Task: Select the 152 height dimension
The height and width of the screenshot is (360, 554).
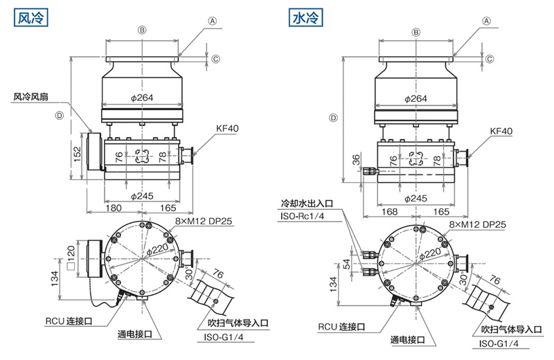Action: (x=78, y=153)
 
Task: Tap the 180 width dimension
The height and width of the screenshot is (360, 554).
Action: (x=114, y=208)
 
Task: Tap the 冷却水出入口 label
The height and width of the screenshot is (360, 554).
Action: (x=307, y=204)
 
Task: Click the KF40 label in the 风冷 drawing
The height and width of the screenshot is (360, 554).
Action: (x=226, y=129)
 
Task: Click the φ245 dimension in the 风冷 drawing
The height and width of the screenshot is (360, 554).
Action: (x=143, y=196)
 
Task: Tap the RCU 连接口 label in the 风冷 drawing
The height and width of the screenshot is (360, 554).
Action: (x=69, y=321)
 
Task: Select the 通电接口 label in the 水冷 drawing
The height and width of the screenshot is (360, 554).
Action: (x=409, y=339)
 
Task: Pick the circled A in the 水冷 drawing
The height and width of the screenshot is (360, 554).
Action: (x=486, y=21)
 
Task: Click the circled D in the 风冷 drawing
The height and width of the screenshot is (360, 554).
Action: (x=60, y=116)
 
